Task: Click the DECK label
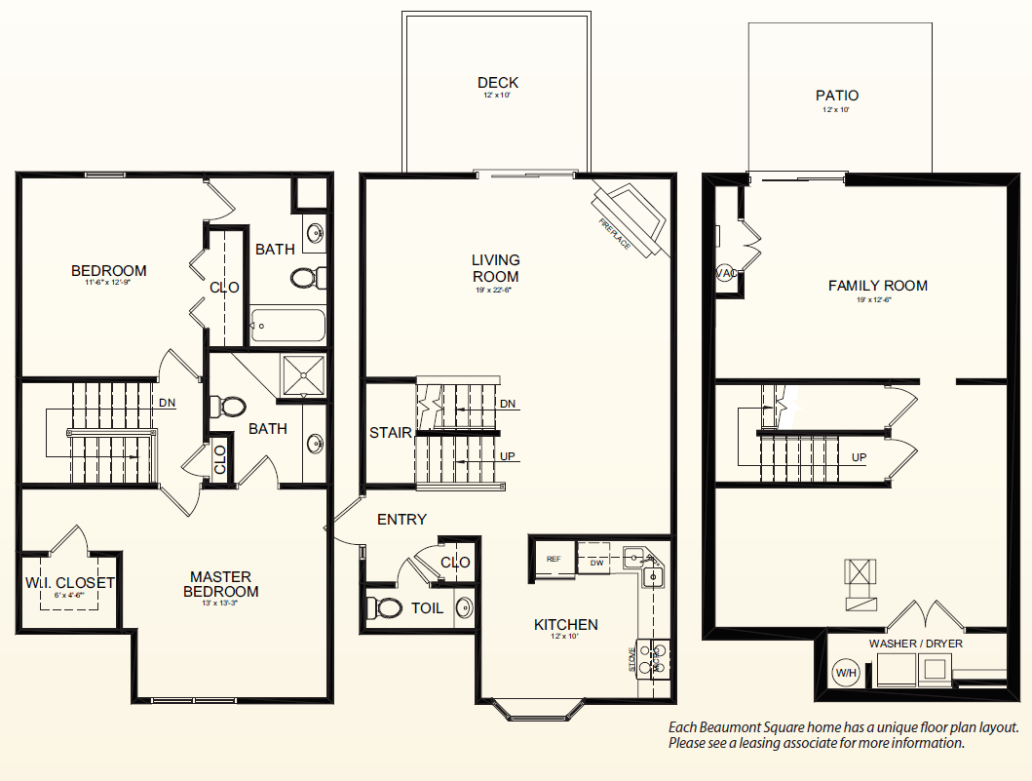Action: (x=498, y=83)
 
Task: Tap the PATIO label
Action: (x=837, y=96)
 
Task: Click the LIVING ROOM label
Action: (x=496, y=268)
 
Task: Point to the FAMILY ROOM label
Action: (x=877, y=286)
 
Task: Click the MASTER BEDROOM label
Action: (x=224, y=584)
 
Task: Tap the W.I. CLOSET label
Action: (x=70, y=583)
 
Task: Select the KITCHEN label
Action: (x=565, y=624)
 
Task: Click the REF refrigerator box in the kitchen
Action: (x=554, y=560)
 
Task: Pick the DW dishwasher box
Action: (x=596, y=562)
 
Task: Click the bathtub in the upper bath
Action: (x=288, y=325)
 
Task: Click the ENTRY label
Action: (x=401, y=520)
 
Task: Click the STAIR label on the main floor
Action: (x=390, y=433)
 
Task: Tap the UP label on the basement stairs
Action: (x=860, y=456)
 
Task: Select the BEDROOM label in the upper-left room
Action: (x=109, y=270)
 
